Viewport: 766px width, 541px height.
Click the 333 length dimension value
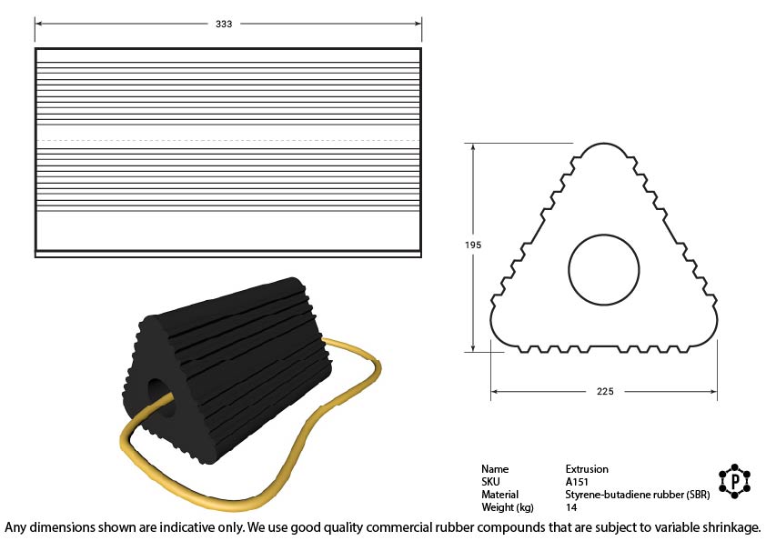(224, 24)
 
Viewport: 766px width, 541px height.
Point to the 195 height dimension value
(473, 245)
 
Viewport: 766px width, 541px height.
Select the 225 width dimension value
(605, 391)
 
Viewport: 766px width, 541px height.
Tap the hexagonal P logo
(734, 481)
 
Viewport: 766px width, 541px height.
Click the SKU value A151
(577, 482)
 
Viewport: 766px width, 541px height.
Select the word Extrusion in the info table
(587, 469)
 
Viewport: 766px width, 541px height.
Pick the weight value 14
(571, 507)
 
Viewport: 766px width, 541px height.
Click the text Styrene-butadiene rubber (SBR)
(638, 495)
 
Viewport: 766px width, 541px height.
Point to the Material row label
(499, 495)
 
